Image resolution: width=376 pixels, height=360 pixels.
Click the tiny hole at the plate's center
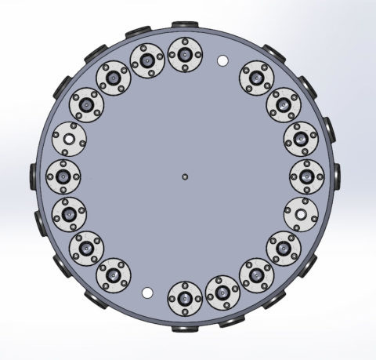(x=184, y=176)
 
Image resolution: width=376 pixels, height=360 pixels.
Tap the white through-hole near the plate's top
(x=222, y=60)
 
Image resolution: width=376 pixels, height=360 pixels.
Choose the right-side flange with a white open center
(x=301, y=211)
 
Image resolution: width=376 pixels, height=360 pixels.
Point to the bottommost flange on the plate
(x=185, y=298)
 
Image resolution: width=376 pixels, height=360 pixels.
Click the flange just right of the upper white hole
(x=255, y=77)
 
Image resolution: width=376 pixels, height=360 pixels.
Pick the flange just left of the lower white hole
(x=114, y=275)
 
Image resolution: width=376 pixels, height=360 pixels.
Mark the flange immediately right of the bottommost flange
(x=222, y=293)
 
